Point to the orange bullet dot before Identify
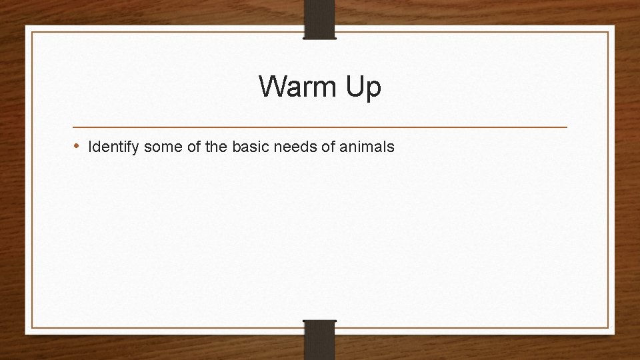[x=77, y=145]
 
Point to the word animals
[x=367, y=146]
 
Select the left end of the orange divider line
[x=73, y=127]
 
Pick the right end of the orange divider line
[x=567, y=127]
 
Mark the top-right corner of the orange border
[x=609, y=31]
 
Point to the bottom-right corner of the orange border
[x=609, y=328]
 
